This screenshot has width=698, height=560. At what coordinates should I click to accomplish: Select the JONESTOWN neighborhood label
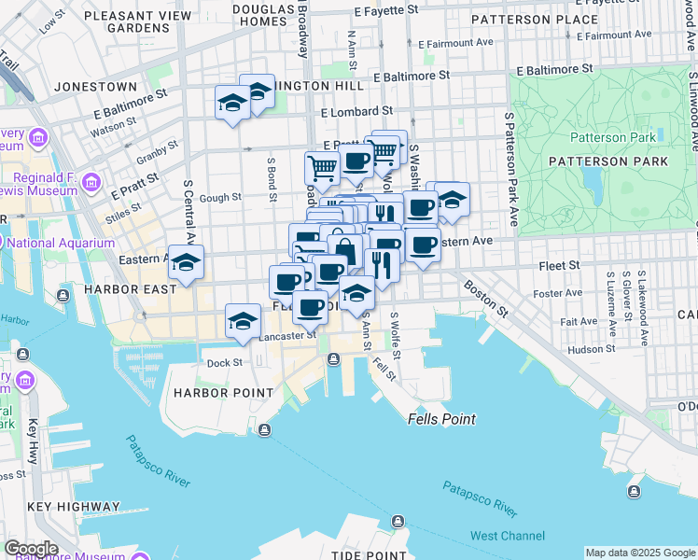[x=96, y=86]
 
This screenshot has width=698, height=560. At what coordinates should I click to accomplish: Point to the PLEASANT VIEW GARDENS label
[x=137, y=21]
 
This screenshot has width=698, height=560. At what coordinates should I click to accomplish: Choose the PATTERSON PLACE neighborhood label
[x=535, y=19]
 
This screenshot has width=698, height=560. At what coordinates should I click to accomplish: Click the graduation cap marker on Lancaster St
[x=243, y=321]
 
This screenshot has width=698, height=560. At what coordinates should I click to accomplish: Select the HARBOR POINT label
[x=223, y=393]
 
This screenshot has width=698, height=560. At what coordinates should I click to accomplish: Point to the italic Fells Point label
[x=441, y=420]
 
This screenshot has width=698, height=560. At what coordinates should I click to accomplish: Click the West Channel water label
[x=508, y=536]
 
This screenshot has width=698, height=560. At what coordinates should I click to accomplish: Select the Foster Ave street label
[x=559, y=293]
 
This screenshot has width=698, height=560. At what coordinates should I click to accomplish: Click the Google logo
[x=31, y=549]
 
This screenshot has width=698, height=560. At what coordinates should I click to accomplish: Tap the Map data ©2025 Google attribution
[x=639, y=553]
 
